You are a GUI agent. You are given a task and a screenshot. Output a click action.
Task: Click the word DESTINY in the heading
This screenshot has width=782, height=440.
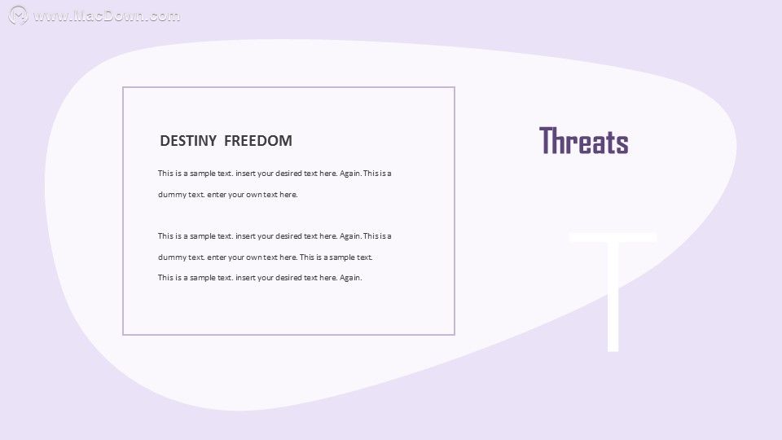(188, 141)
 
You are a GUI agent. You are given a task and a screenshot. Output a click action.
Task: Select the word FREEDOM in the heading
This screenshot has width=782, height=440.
(258, 141)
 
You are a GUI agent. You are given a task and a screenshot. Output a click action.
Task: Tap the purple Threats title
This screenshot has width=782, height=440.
(583, 140)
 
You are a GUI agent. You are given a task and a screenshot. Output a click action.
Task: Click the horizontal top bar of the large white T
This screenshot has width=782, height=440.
(613, 237)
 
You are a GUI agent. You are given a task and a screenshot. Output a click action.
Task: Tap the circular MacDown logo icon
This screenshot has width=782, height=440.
(19, 15)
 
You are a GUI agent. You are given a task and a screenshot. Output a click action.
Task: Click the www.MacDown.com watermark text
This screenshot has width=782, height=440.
(106, 16)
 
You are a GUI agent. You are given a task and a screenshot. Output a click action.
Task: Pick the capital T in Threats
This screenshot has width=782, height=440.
(547, 140)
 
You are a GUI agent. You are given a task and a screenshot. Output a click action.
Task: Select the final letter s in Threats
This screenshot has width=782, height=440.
(622, 143)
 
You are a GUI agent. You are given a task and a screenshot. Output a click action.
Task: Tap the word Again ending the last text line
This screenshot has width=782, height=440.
(350, 278)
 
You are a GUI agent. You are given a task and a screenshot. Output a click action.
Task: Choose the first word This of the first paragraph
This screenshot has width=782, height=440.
(165, 174)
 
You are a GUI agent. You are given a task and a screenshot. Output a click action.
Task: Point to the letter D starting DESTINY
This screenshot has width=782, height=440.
(165, 141)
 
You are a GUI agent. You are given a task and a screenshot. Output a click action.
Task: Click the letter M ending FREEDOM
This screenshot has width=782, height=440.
(286, 141)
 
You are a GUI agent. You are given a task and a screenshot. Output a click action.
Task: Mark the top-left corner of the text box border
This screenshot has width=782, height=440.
(123, 87)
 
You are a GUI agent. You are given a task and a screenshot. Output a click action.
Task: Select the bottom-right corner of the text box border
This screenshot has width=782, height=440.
(455, 334)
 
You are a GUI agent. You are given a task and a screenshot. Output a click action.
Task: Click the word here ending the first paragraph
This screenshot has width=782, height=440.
(288, 195)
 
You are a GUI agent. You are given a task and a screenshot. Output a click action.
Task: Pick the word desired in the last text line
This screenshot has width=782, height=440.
(288, 278)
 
